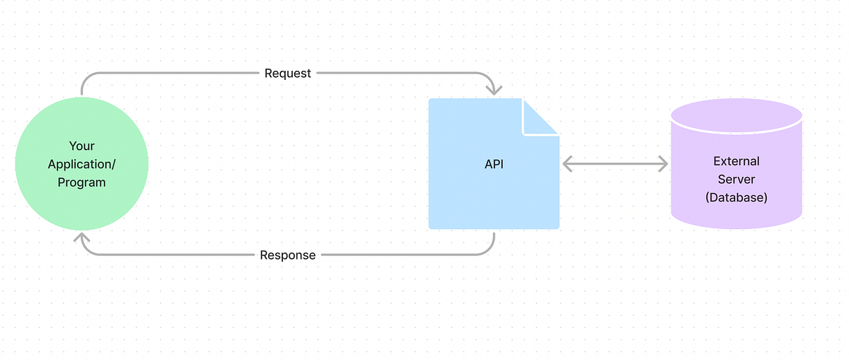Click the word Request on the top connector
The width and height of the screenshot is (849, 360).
pyautogui.click(x=287, y=73)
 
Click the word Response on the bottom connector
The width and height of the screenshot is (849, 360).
pyautogui.click(x=287, y=255)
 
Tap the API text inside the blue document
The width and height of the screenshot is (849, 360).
pyautogui.click(x=494, y=164)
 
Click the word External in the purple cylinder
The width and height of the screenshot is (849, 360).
pyautogui.click(x=736, y=161)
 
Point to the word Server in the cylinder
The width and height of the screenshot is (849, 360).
pyautogui.click(x=736, y=180)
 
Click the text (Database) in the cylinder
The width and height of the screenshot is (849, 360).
pyautogui.click(x=736, y=198)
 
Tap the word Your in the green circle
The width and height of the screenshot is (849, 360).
pyautogui.click(x=81, y=146)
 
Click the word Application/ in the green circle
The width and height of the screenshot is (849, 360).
pyautogui.click(x=81, y=164)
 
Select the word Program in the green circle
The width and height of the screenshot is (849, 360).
pyautogui.click(x=81, y=182)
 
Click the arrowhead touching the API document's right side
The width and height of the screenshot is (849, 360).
pyautogui.click(x=567, y=164)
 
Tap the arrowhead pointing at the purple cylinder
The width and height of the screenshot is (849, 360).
pyautogui.click(x=662, y=164)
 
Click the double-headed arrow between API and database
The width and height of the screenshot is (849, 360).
pyautogui.click(x=615, y=164)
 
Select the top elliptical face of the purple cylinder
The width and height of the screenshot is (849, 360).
pyautogui.click(x=736, y=114)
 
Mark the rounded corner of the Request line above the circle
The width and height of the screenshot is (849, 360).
pyautogui.click(x=86, y=77)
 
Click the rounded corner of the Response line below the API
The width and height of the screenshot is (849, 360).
pyautogui.click(x=490, y=250)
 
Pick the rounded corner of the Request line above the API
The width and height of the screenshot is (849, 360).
pyautogui.click(x=490, y=77)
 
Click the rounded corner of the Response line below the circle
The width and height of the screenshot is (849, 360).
pyautogui.click(x=86, y=250)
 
